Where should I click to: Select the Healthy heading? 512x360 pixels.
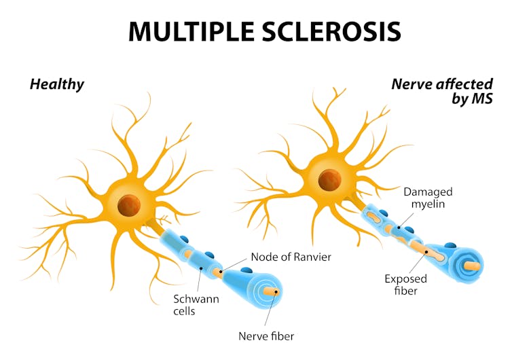(x=56, y=84)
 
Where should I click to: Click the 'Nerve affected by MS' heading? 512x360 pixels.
(x=441, y=92)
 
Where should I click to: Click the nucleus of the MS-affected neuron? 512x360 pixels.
(x=330, y=180)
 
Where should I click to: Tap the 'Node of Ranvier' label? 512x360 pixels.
(x=291, y=257)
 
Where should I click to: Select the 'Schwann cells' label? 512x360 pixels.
(x=194, y=305)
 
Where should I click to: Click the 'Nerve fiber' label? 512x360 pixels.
(x=266, y=336)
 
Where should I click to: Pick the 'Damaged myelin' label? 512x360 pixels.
(x=428, y=198)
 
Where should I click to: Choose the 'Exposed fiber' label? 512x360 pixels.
(x=405, y=285)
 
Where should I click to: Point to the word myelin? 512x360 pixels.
(x=428, y=204)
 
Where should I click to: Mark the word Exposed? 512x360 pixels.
(x=405, y=278)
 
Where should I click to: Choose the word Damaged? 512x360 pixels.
(x=428, y=192)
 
